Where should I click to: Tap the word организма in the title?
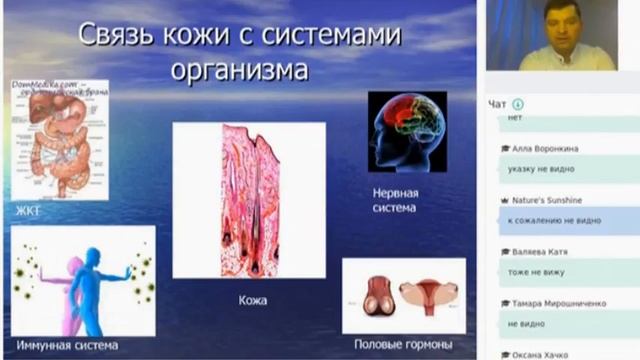240,72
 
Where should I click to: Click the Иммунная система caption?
67,345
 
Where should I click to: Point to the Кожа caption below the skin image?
252,299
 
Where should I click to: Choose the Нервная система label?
394,200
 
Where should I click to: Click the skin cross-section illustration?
249,200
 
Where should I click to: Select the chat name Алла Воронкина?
545,148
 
